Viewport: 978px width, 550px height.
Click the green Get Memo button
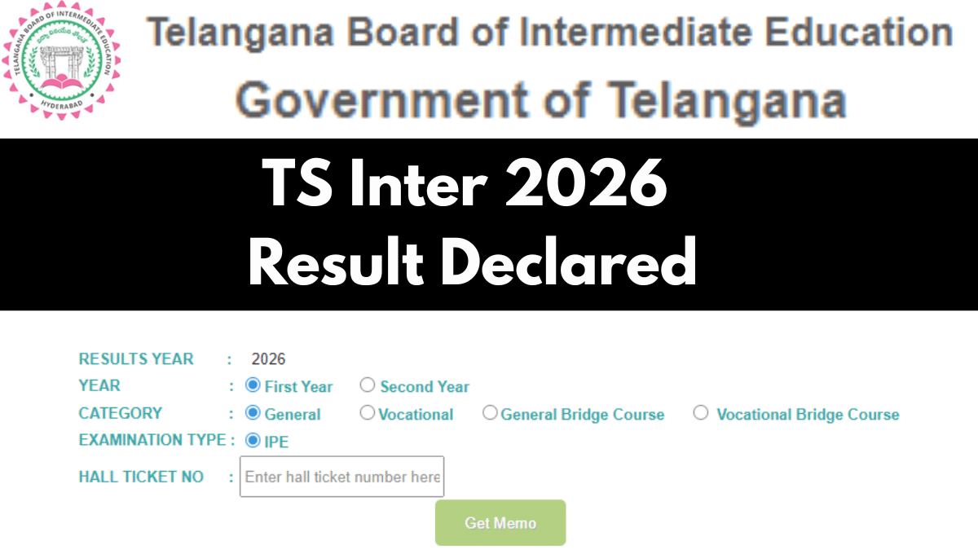pyautogui.click(x=500, y=522)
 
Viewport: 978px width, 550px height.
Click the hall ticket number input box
pyautogui.click(x=341, y=477)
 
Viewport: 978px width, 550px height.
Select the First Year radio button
pyautogui.click(x=253, y=385)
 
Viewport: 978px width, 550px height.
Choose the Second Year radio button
pyautogui.click(x=368, y=385)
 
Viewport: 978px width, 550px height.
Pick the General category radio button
pyautogui.click(x=253, y=413)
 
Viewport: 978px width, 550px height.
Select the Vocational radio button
pyautogui.click(x=368, y=413)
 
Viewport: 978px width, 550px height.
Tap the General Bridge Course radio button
pyautogui.click(x=490, y=413)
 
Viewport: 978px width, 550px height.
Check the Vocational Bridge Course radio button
pyautogui.click(x=701, y=413)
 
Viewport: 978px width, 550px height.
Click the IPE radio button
pyautogui.click(x=253, y=441)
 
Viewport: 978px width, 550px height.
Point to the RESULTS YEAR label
pyautogui.click(x=136, y=359)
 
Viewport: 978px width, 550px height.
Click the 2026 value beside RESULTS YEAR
pyautogui.click(x=268, y=359)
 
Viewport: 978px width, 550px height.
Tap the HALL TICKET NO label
pyautogui.click(x=141, y=477)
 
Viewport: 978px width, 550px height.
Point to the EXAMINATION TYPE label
pyautogui.click(x=152, y=440)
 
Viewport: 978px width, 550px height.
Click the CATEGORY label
pyautogui.click(x=120, y=413)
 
